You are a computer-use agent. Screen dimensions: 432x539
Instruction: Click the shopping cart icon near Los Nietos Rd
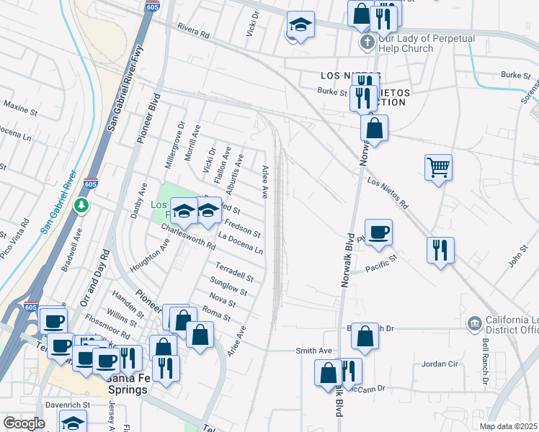pos(438,168)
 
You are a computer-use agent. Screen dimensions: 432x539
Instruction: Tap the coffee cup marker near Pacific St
pos(378,232)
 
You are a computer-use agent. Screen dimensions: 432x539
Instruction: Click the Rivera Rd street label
pos(192,33)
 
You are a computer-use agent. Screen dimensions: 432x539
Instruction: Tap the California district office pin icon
pos(473,322)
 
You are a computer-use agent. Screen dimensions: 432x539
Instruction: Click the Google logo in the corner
pos(23,423)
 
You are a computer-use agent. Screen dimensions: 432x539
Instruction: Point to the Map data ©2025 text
pos(509,426)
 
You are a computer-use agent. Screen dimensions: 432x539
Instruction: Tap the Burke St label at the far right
pos(516,74)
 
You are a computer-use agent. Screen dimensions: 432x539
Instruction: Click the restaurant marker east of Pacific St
pos(440,250)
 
